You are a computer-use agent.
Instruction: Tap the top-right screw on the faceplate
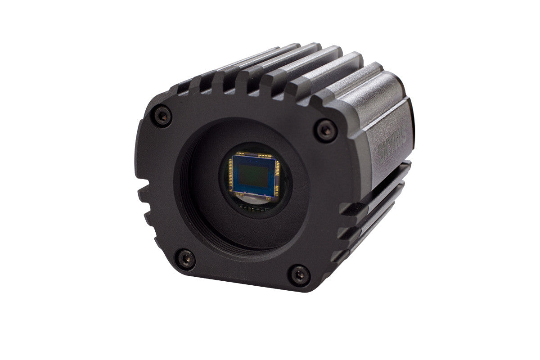325,130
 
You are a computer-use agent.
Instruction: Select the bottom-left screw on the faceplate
185,259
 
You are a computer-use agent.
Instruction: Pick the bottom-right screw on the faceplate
299,274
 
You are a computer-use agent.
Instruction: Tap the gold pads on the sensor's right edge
277,179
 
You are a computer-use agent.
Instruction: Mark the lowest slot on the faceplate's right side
340,256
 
